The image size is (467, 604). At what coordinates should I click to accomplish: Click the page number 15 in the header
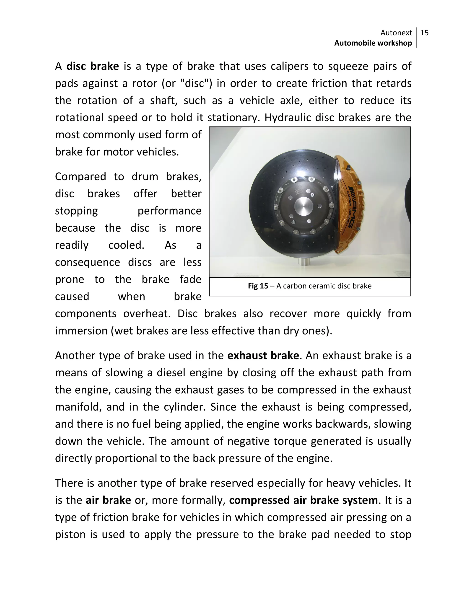tap(424, 33)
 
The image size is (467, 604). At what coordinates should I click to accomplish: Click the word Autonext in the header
tap(396, 33)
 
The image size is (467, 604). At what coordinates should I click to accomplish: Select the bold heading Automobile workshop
tap(373, 43)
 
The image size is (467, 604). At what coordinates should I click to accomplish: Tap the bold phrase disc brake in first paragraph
tap(93, 66)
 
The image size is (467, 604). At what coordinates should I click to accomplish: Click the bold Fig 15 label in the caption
tap(258, 286)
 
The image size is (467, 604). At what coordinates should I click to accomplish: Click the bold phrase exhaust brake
tap(263, 356)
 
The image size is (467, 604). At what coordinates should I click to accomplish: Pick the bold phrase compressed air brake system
tap(303, 500)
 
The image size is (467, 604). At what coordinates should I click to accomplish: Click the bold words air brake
tap(108, 500)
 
